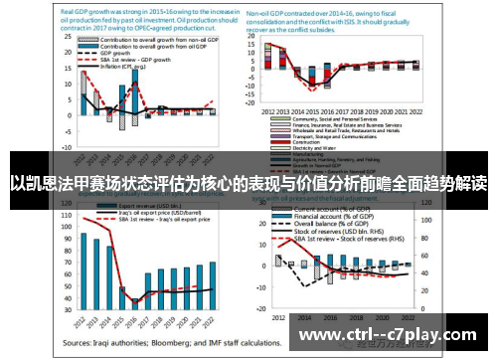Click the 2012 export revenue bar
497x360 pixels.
click(x=84, y=269)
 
